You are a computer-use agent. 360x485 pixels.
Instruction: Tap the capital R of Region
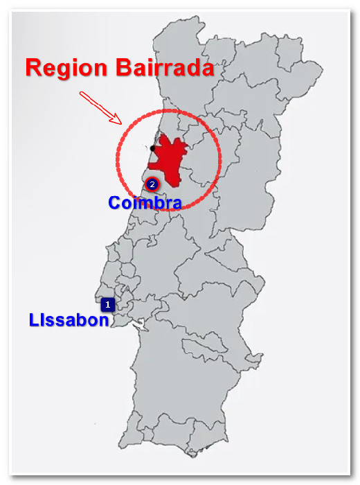point(33,68)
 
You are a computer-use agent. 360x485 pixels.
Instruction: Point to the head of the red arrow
point(120,123)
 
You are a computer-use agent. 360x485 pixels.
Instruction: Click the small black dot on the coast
point(152,148)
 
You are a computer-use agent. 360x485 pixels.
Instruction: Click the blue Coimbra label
point(145,203)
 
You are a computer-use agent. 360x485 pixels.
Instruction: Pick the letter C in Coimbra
point(115,203)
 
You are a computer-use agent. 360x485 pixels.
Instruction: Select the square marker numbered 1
point(107,303)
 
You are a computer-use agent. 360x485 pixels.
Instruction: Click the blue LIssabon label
point(69,320)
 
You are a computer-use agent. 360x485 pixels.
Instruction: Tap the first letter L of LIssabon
point(33,320)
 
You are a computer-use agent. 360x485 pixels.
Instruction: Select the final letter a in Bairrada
point(206,68)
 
